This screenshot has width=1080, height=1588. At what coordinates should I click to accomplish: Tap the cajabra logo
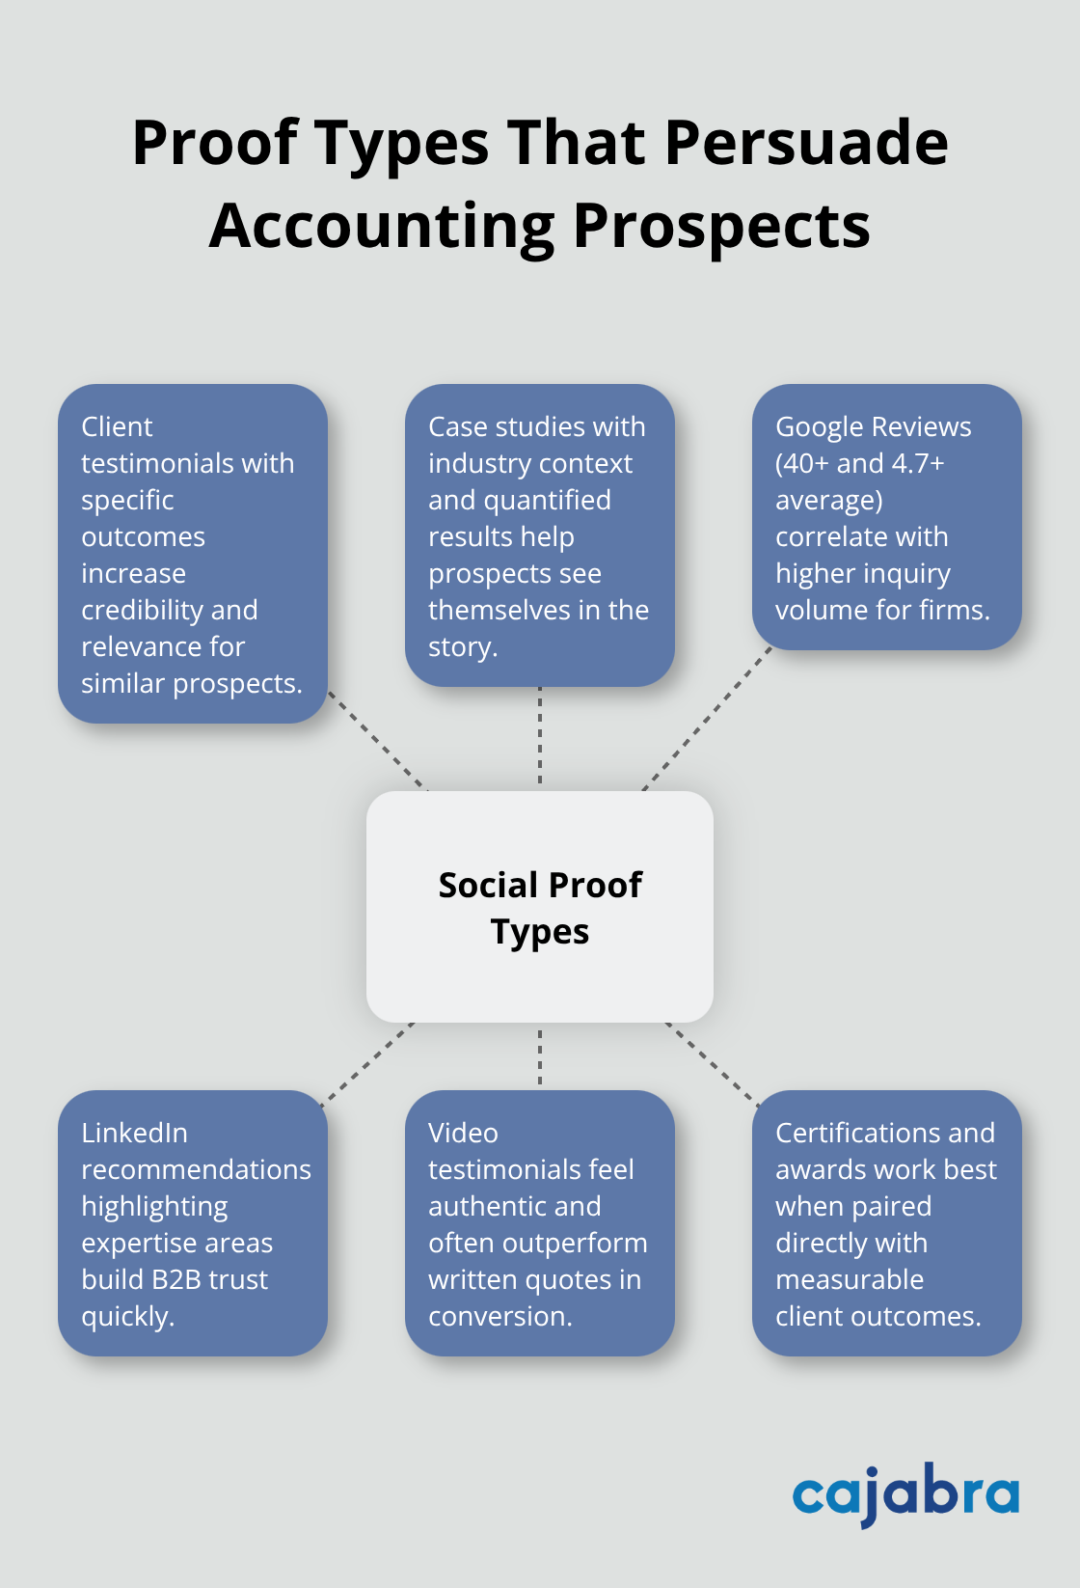(905, 1493)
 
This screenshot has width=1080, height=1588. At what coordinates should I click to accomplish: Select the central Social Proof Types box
(540, 907)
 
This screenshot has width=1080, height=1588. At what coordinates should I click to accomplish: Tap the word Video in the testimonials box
(463, 1134)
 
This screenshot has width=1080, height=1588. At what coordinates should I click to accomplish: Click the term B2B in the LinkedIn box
(175, 1280)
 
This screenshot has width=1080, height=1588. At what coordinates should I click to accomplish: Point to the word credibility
(142, 611)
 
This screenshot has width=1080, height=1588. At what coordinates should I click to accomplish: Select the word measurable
(850, 1280)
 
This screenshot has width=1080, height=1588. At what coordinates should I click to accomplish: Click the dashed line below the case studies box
(540, 735)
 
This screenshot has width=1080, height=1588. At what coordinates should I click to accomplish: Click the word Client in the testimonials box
(117, 427)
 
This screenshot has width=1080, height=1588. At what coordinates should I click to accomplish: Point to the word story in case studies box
(460, 647)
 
